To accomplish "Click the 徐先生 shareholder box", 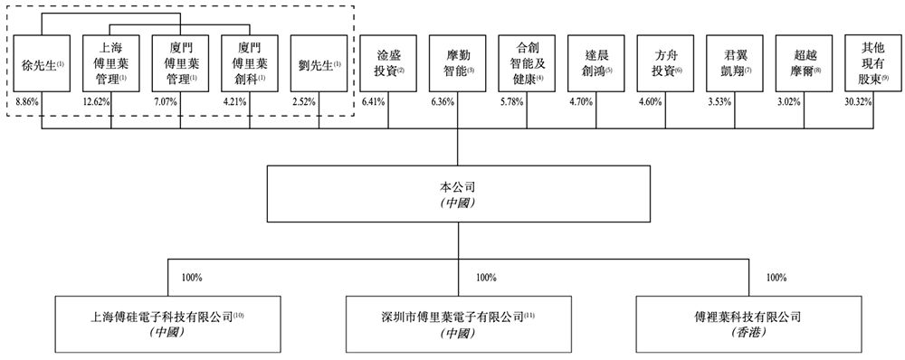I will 42,64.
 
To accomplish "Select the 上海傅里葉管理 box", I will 110,64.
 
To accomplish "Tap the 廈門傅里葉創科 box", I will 249,64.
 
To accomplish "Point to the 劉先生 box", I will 319,64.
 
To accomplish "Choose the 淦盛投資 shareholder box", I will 388,64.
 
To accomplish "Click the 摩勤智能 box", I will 458,64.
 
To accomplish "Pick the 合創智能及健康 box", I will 527,64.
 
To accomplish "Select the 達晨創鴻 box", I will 596,64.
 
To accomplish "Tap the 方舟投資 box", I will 665,64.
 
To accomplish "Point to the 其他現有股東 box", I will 870,64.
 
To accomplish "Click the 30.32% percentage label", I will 858,102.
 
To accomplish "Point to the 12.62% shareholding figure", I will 96,102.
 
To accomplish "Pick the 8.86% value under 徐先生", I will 27,102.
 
